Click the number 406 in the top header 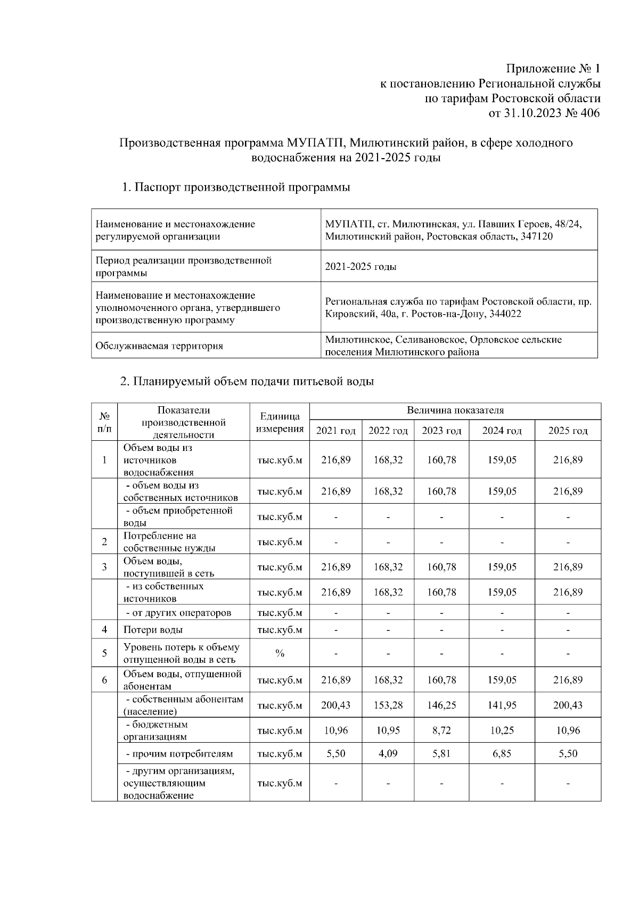[x=589, y=113]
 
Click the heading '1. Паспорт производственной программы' [x=236, y=187]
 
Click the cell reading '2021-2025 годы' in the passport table [x=361, y=266]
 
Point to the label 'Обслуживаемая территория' [x=159, y=346]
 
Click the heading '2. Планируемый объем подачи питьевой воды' [x=247, y=381]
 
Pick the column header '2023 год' [x=441, y=431]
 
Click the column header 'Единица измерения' [x=280, y=422]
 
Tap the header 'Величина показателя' [x=455, y=410]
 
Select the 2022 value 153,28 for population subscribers [x=388, y=705]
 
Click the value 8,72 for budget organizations [x=441, y=730]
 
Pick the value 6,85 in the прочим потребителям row [x=502, y=754]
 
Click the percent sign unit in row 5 [x=280, y=653]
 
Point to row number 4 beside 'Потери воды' [x=104, y=630]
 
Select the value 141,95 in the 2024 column [x=502, y=705]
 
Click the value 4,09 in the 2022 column [x=388, y=754]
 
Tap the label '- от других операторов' [x=178, y=612]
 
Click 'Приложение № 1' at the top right [x=553, y=69]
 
